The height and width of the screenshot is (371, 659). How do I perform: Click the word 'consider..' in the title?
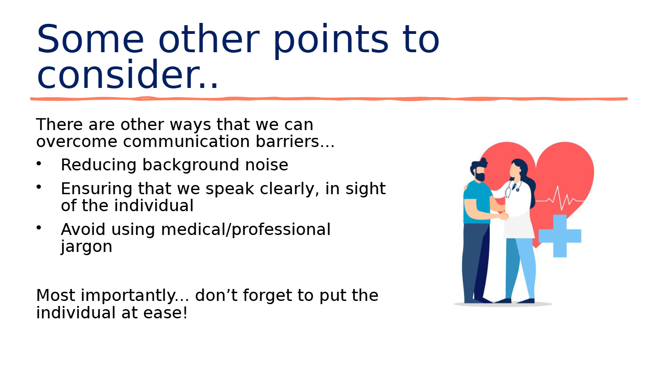pyautogui.click(x=127, y=74)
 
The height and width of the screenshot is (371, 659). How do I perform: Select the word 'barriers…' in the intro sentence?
pyautogui.click(x=295, y=141)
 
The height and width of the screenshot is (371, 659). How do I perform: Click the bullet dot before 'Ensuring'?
pyautogui.click(x=39, y=187)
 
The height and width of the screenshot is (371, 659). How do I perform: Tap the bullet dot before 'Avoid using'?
pyautogui.click(x=39, y=228)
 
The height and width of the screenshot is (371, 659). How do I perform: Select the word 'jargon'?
pyautogui.click(x=86, y=247)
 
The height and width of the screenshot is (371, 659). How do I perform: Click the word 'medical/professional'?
pyautogui.click(x=246, y=229)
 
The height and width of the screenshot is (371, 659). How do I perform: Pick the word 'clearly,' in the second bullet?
pyautogui.click(x=290, y=189)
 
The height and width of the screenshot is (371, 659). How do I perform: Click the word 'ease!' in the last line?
pyautogui.click(x=165, y=313)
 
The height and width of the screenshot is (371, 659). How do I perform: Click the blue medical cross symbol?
pyautogui.click(x=560, y=236)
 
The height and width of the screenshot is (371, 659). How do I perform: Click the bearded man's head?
pyautogui.click(x=478, y=170)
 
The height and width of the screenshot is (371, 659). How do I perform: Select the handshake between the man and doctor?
pyautogui.click(x=502, y=216)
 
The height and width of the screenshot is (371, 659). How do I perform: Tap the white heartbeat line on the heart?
pyautogui.click(x=559, y=199)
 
